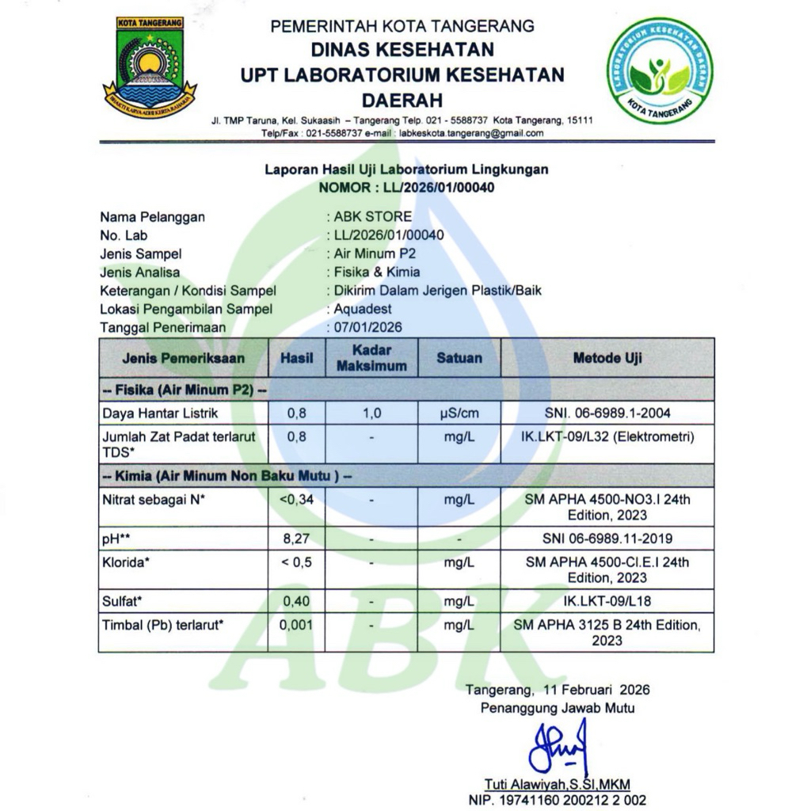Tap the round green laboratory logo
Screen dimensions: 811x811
click(659, 70)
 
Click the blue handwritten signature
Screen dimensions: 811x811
click(559, 746)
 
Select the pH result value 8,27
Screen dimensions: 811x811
click(297, 539)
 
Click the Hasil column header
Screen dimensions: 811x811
click(297, 358)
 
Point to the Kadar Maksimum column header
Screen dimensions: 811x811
click(371, 358)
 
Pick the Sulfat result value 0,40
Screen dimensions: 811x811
click(297, 601)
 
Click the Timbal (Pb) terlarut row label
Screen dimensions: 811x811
click(163, 625)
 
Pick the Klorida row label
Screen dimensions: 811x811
click(127, 562)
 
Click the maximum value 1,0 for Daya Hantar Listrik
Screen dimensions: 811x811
click(371, 413)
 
